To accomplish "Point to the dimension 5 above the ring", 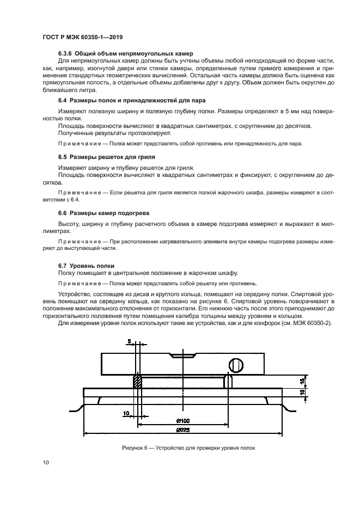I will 129,342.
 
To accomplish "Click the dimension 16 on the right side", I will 303,381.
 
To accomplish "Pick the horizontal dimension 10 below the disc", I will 126,414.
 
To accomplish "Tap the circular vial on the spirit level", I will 236,364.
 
